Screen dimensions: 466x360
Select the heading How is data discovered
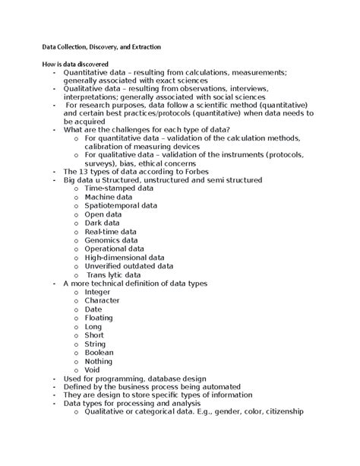[75, 63]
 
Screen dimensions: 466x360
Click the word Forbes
[181, 171]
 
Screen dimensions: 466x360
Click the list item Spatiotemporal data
[121, 205]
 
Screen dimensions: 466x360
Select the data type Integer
[98, 292]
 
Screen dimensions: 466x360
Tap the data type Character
[102, 301]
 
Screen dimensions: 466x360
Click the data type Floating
[99, 319]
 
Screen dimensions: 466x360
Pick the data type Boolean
[99, 353]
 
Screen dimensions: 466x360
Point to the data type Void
[93, 370]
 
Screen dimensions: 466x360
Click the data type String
[95, 344]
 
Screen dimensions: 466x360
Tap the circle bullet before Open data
[76, 214]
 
